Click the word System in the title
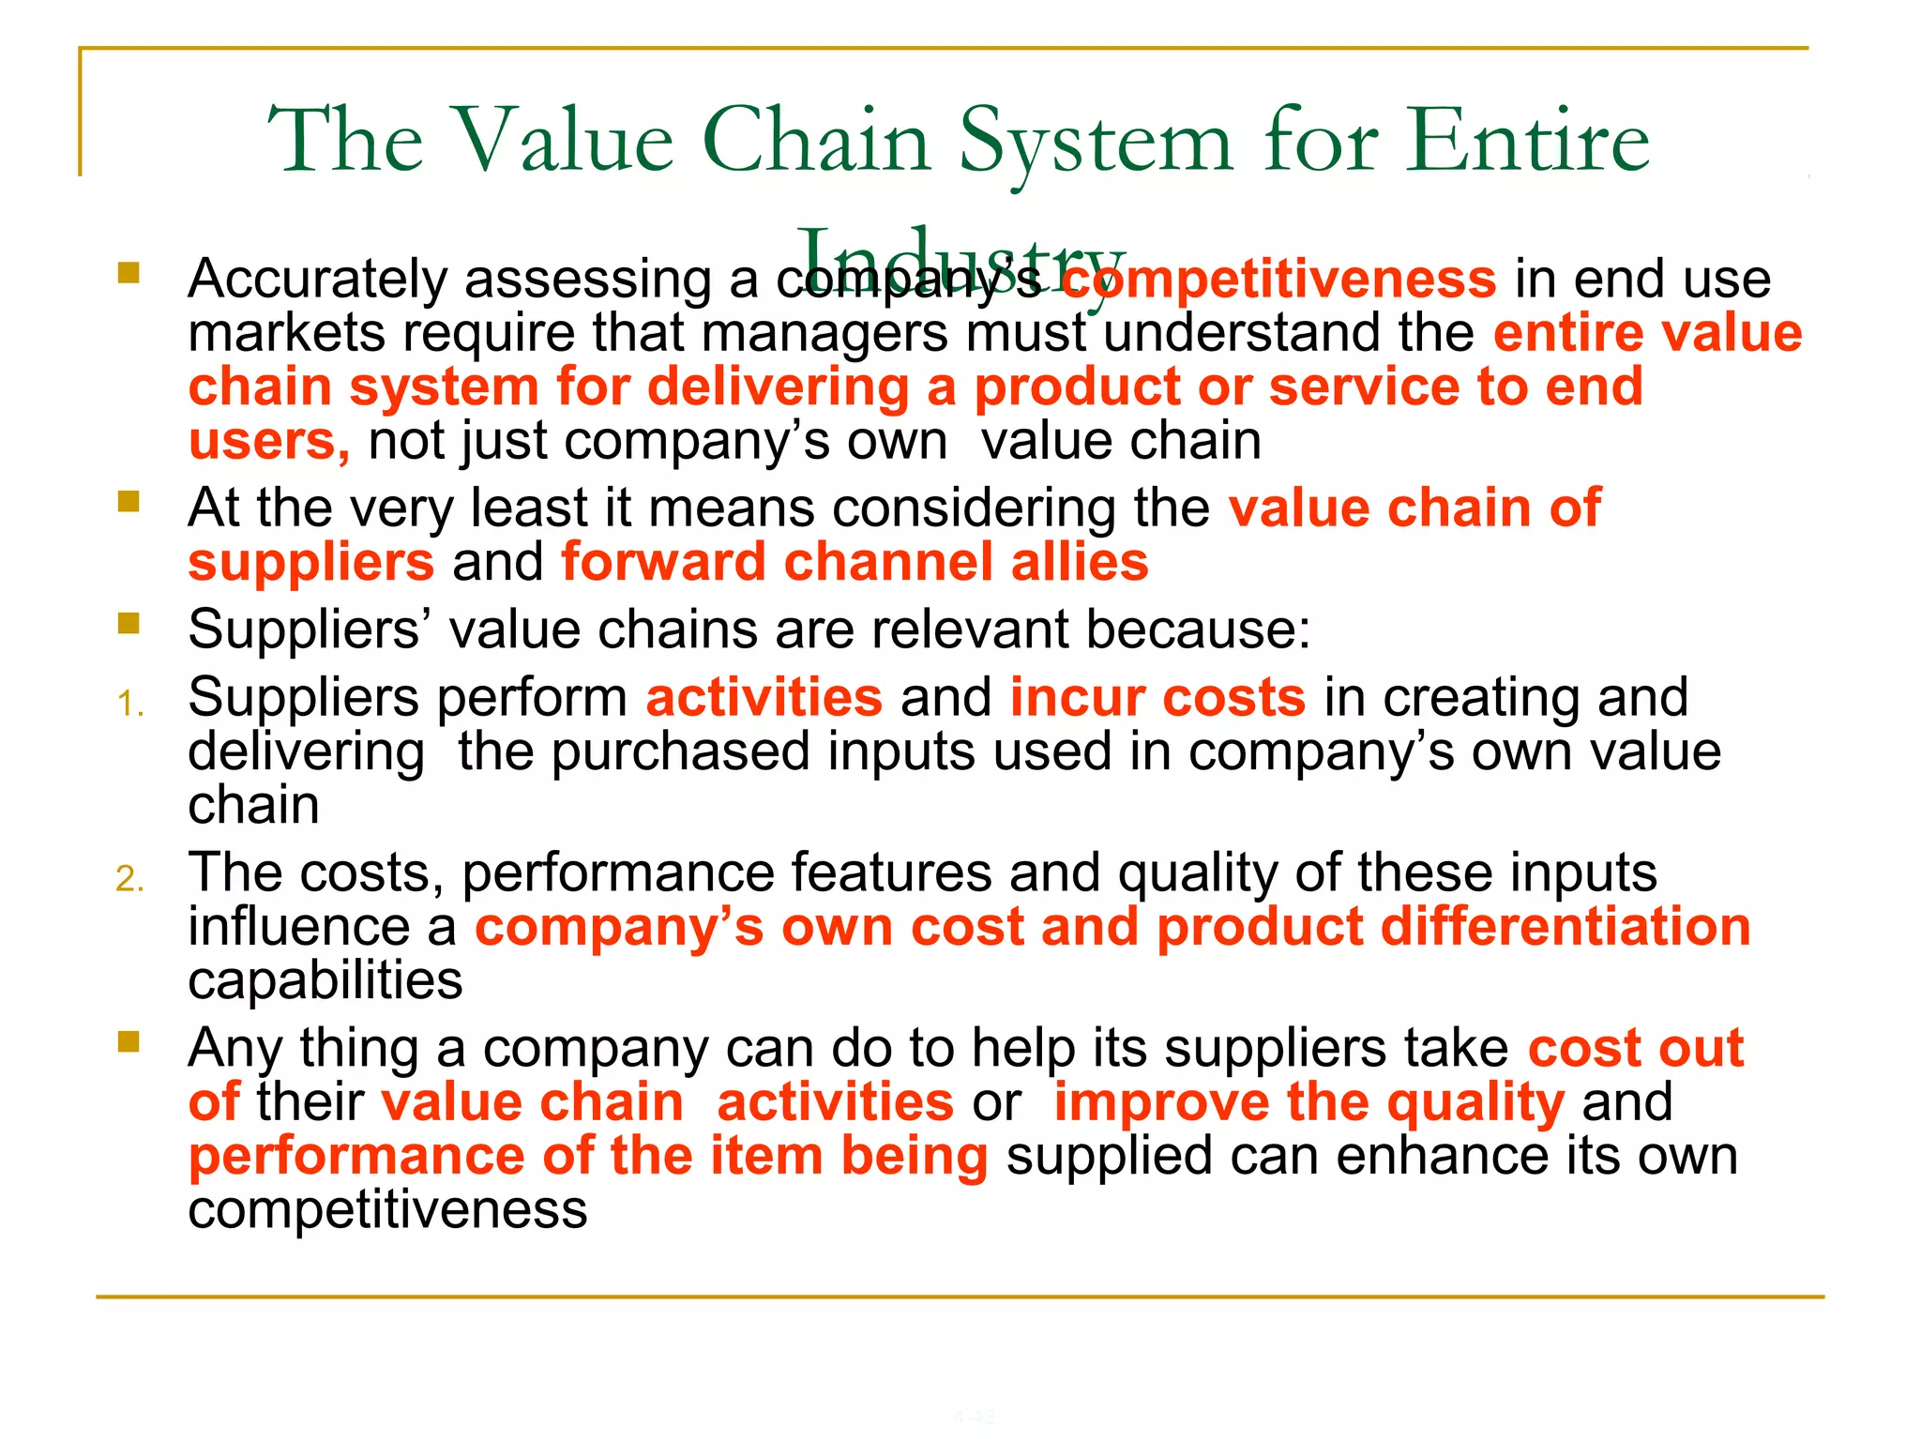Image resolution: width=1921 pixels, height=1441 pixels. point(1095,143)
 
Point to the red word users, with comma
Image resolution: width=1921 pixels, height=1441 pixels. point(269,441)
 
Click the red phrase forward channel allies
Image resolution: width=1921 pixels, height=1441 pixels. point(855,562)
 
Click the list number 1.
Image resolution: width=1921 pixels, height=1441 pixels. point(130,704)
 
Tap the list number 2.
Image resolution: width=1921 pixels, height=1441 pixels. point(129,879)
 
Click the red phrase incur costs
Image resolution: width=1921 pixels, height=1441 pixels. point(1157,698)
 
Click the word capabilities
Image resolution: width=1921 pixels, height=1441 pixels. point(325,980)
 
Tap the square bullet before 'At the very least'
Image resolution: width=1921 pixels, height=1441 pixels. point(129,502)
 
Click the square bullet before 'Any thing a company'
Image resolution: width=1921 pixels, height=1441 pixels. point(129,1041)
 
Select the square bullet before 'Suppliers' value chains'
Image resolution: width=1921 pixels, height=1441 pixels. point(129,623)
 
